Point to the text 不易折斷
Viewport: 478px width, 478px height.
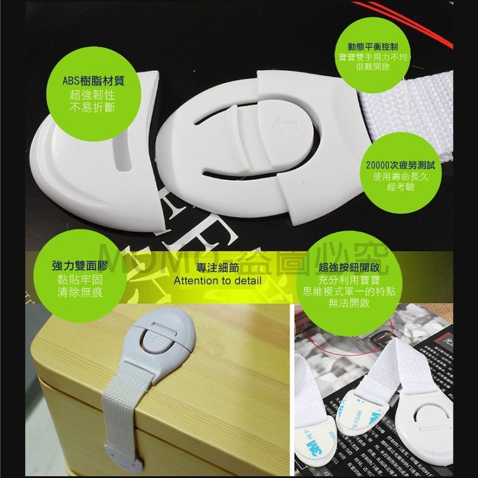click(x=93, y=108)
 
